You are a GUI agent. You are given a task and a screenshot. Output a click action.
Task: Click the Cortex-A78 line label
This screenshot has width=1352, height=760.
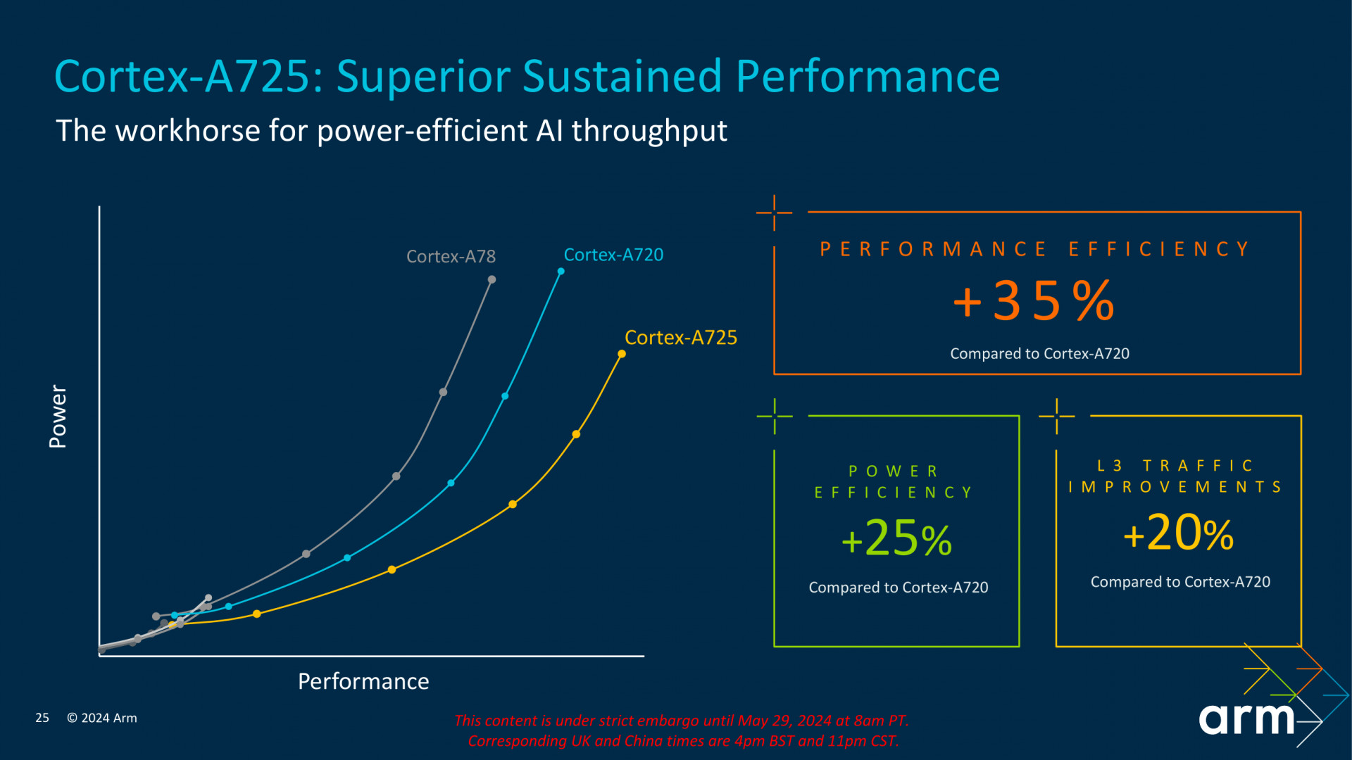(451, 257)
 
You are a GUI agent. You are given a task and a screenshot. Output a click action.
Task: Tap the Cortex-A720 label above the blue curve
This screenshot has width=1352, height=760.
(613, 255)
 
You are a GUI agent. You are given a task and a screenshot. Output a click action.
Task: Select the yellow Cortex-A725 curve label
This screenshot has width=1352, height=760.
(680, 338)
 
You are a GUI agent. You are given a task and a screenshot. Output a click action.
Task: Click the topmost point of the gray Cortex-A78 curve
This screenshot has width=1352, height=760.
(492, 280)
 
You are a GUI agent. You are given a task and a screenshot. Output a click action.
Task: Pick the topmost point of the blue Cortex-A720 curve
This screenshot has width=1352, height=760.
(561, 271)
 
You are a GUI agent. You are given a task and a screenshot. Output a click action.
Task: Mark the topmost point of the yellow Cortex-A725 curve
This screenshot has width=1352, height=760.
(622, 354)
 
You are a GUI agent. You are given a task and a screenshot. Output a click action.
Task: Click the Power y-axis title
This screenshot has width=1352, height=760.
(58, 416)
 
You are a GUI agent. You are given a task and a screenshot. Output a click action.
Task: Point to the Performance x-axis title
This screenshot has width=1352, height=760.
(363, 681)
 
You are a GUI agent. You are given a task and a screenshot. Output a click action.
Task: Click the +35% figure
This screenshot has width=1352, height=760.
(1034, 301)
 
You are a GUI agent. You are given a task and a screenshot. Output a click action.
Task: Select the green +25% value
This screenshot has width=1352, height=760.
(896, 539)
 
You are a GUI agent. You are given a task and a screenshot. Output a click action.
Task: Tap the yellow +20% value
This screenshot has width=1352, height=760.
(1178, 533)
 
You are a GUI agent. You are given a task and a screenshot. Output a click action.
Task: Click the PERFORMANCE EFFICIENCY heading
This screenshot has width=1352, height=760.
(1035, 249)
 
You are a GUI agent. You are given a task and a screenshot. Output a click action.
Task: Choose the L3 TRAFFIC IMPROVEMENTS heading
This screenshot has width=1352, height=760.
(1175, 476)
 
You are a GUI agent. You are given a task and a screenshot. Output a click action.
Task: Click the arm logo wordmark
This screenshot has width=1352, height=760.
(1246, 718)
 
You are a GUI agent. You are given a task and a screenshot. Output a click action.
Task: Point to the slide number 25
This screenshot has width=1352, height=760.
(42, 718)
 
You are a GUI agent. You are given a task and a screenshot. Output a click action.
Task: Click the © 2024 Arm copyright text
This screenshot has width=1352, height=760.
(102, 718)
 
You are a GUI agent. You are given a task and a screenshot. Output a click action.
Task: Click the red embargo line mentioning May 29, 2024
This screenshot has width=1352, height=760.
(681, 721)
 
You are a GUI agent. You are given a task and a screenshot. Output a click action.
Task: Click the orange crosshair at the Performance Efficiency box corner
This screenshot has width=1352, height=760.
(774, 212)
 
